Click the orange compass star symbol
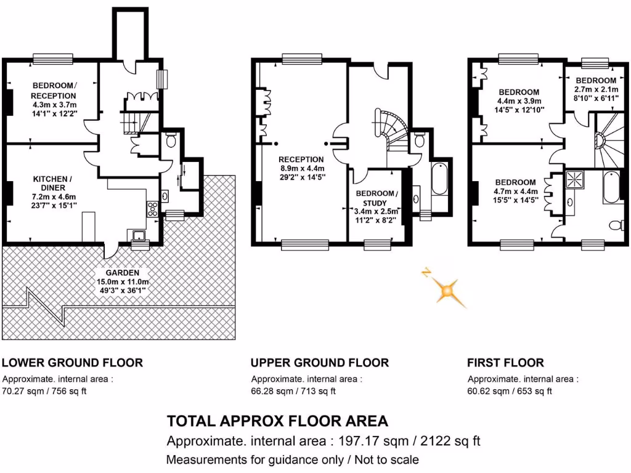tap(445, 289)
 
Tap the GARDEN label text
tap(121, 273)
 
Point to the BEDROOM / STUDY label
tap(377, 198)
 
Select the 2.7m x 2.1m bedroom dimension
tap(595, 89)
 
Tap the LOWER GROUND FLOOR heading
tap(73, 363)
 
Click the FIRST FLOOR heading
tap(505, 363)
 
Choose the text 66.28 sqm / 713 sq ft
tap(293, 391)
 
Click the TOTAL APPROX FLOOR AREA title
tap(277, 421)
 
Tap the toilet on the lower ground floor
tap(171, 141)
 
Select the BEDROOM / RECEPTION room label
tap(54, 91)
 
